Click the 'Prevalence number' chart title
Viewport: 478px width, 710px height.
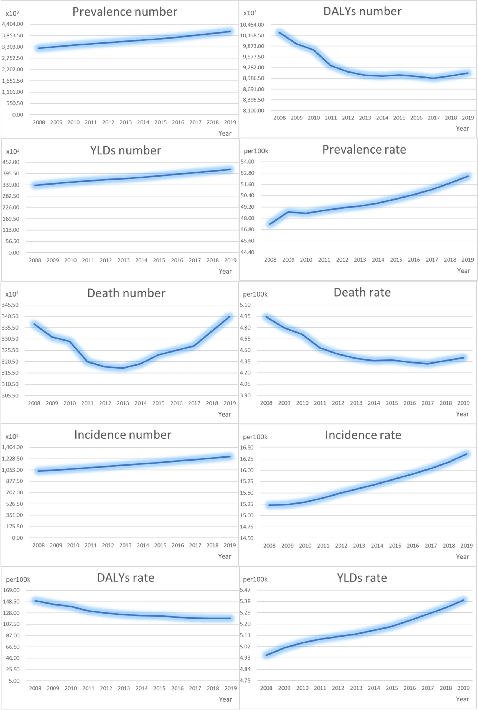point(125,12)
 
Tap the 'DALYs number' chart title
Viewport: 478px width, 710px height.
point(362,11)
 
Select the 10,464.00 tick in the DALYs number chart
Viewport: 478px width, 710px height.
point(252,25)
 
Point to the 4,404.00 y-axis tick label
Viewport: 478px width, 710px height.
point(12,24)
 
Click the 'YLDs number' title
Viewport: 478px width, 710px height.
point(125,150)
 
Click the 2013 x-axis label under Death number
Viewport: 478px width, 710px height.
point(123,403)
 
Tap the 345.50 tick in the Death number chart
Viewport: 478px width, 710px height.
point(10,305)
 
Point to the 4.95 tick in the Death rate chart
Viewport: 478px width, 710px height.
point(245,316)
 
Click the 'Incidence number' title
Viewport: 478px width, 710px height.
point(123,435)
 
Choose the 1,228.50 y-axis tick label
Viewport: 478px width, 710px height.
point(12,459)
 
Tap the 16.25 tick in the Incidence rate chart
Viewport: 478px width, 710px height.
point(246,459)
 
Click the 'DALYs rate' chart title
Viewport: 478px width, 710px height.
point(126,578)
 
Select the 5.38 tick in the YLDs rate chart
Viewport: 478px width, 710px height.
point(245,601)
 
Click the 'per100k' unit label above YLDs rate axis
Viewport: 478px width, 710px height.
point(255,579)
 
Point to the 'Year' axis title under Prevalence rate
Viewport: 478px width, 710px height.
point(463,271)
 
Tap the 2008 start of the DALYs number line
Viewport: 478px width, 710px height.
point(279,33)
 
